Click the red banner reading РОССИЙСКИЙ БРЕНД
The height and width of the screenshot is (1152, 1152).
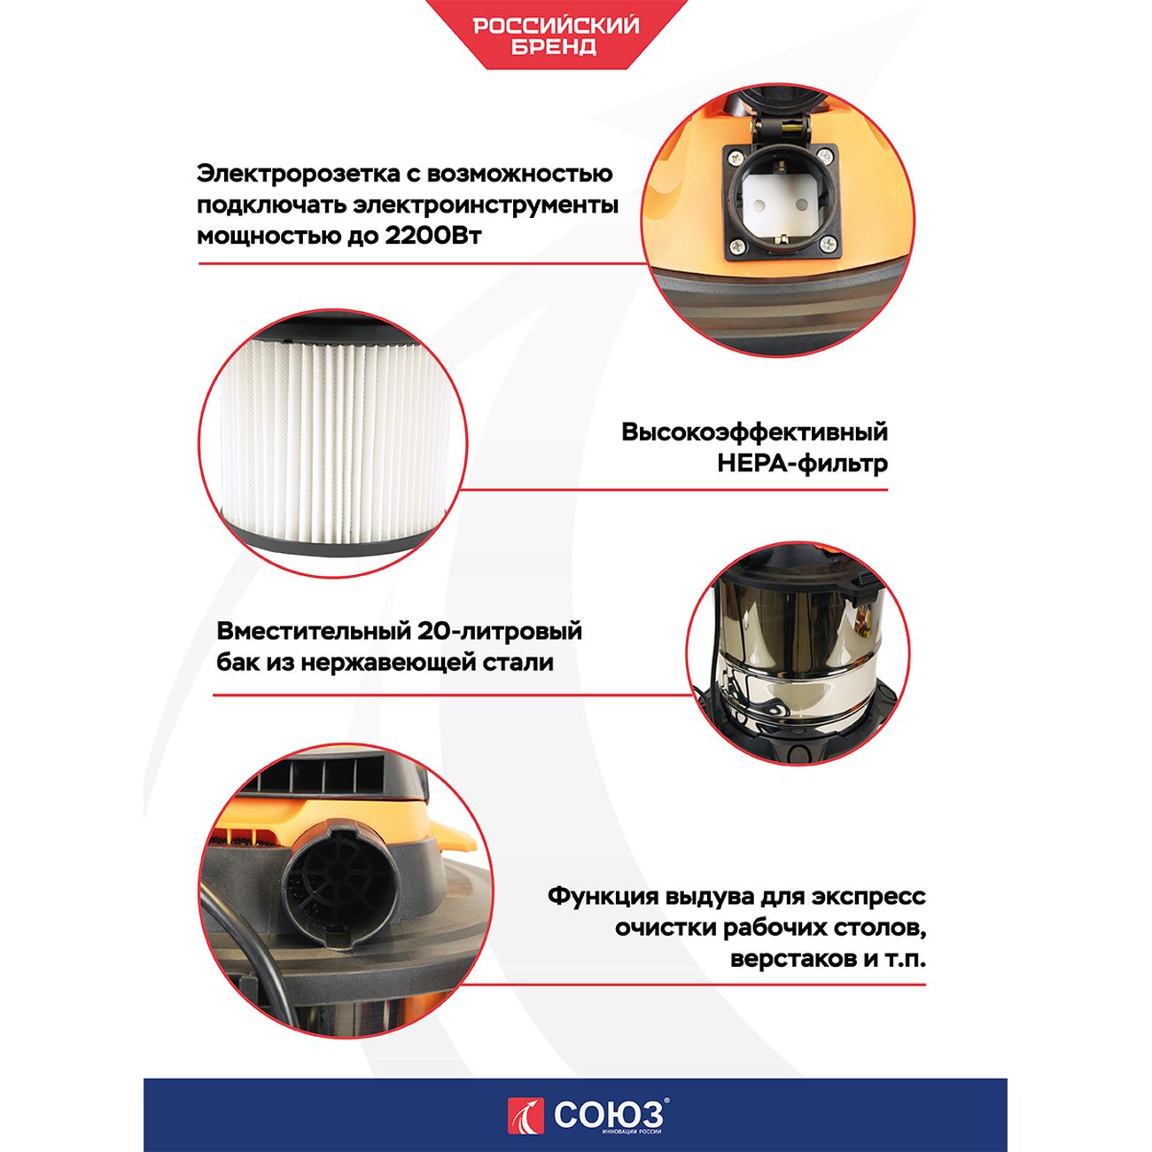(x=556, y=35)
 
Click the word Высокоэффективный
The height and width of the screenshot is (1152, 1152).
(x=754, y=432)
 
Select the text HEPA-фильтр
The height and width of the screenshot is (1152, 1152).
(x=802, y=463)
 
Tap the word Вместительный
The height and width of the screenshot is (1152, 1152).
(x=312, y=632)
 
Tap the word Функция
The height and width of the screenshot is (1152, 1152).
(x=603, y=896)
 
